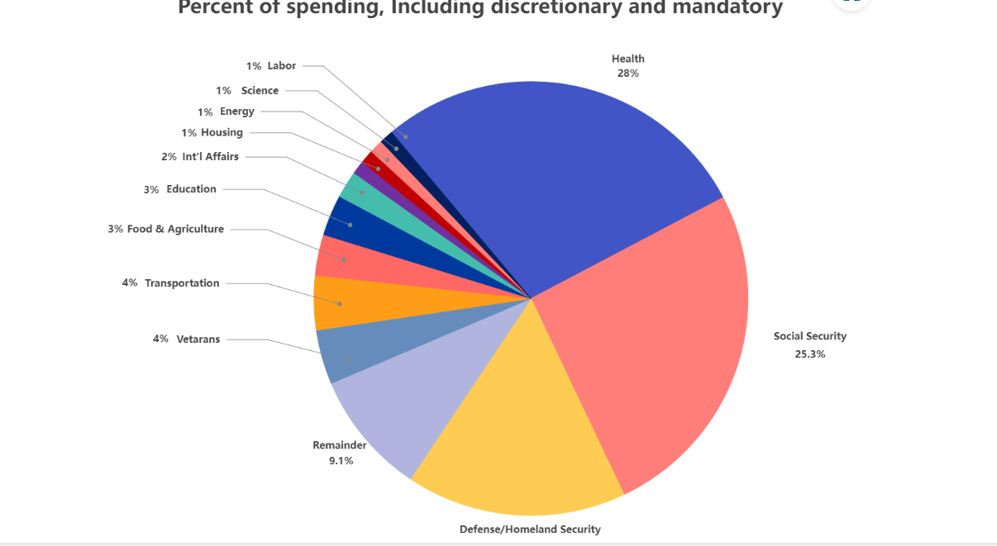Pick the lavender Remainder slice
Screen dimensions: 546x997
click(397, 396)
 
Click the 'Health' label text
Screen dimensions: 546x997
click(627, 59)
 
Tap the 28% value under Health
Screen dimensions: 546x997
click(627, 74)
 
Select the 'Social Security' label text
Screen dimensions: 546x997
click(809, 336)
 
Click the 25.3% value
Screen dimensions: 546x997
click(809, 354)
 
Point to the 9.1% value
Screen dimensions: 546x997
click(341, 461)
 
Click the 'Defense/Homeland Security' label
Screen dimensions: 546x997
click(530, 529)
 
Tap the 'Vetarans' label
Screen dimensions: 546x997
click(198, 339)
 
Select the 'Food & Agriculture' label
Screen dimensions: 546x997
click(175, 229)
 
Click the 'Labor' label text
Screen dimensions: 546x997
click(281, 66)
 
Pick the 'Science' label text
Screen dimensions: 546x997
click(260, 91)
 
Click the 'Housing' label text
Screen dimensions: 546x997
click(222, 133)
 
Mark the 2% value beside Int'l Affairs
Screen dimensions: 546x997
click(169, 157)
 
